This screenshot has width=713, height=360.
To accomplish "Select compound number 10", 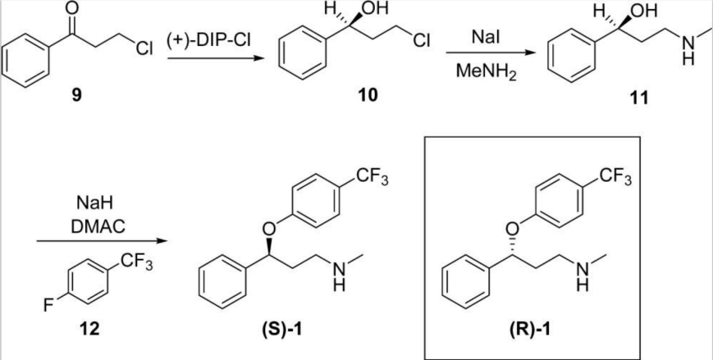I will point(367,95).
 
